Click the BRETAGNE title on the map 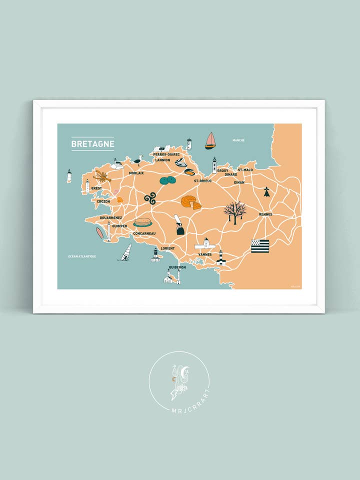coord(92,144)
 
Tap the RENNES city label coord(265,214)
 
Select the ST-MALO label coord(245,170)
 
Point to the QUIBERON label coord(177,267)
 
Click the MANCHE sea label coord(238,140)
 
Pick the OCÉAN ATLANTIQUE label coord(82,256)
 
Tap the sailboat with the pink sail coord(210,140)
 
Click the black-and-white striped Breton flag coord(260,246)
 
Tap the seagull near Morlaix coord(137,160)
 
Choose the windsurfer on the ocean coord(125,252)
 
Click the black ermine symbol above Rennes coord(266,191)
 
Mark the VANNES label coord(205,254)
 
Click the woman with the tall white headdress coord(179,225)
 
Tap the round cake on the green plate coord(142,222)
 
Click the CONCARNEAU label coord(144,233)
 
